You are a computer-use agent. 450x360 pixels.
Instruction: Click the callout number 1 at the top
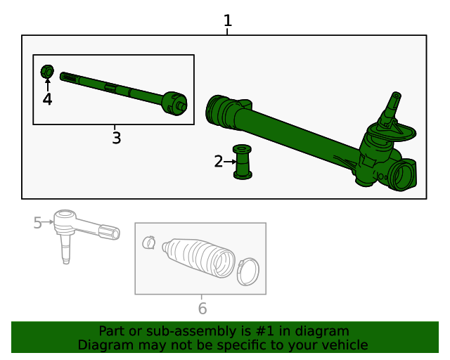[x=227, y=21]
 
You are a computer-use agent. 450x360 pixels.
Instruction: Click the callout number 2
[x=219, y=162]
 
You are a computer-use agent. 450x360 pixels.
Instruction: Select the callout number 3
[x=116, y=139]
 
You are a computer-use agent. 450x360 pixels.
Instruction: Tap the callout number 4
[x=47, y=100]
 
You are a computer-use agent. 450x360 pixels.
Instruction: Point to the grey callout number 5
[x=38, y=223]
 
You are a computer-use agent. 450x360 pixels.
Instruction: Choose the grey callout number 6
[x=202, y=309]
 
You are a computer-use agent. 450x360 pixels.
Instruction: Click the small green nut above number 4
[x=48, y=72]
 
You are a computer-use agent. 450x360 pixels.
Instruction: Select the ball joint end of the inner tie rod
[x=172, y=103]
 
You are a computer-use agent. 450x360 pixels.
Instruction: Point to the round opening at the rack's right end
[x=406, y=175]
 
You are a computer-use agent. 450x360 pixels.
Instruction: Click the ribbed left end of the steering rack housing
[x=219, y=112]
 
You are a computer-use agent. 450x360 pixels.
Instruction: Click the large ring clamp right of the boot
[x=247, y=272]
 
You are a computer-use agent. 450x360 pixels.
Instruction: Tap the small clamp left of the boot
[x=148, y=243]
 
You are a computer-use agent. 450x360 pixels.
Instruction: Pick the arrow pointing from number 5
[x=49, y=223]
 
